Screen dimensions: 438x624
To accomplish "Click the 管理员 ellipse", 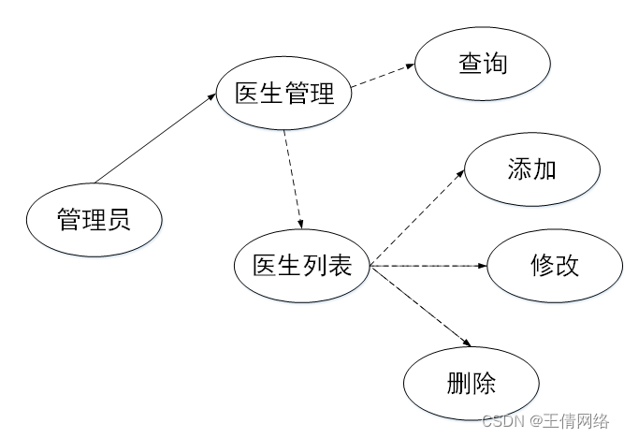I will click(94, 221).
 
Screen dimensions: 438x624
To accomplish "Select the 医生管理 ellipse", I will click(284, 94).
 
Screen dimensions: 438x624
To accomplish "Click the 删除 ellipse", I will click(472, 384).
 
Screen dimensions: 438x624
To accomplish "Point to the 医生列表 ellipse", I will click(302, 266).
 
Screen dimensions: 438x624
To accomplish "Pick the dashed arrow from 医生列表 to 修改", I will click(430, 267).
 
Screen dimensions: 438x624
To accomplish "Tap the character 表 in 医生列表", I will click(340, 266).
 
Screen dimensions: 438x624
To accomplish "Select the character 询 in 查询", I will click(496, 66).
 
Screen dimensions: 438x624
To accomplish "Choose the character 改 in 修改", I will click(565, 266).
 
